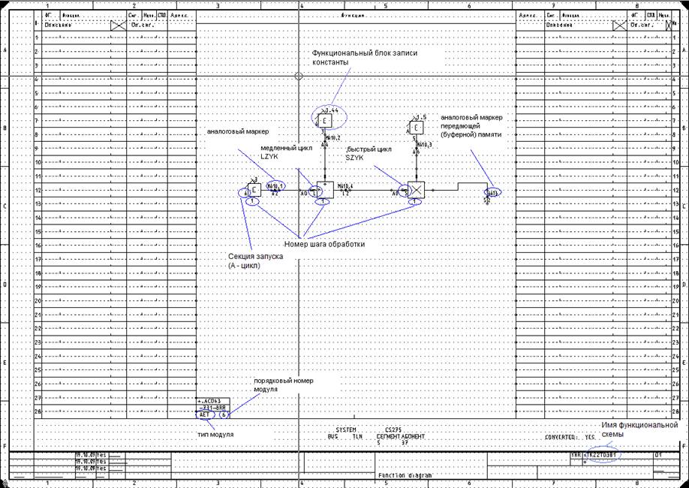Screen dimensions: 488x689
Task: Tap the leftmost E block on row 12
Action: [254, 190]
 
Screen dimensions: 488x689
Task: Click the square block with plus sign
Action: [324, 190]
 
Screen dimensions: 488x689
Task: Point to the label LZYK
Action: [269, 157]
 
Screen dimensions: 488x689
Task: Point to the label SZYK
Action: [355, 157]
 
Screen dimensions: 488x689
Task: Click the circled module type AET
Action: [205, 414]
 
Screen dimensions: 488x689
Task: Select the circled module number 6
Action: [224, 414]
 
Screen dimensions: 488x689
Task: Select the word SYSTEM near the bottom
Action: [345, 429]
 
